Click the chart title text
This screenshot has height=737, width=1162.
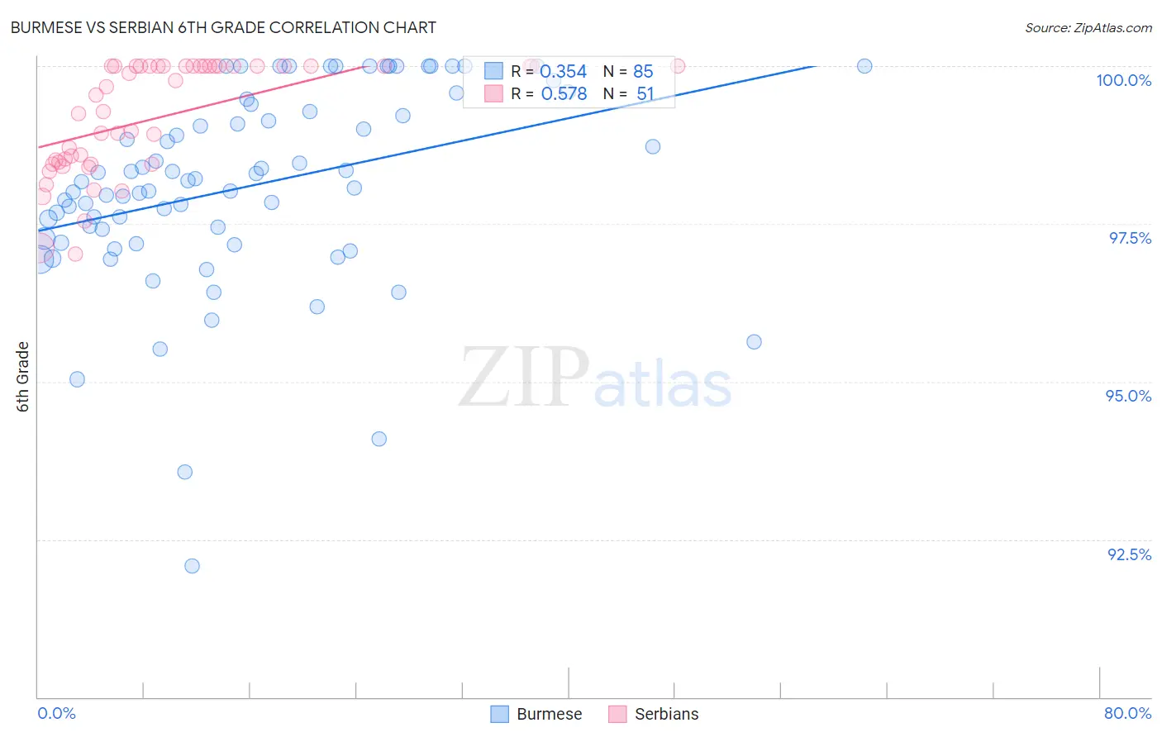pyautogui.click(x=223, y=27)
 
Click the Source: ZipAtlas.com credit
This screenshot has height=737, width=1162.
pyautogui.click(x=1088, y=28)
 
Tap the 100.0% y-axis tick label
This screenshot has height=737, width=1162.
pyautogui.click(x=1123, y=80)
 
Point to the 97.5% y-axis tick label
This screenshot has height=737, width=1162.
pyautogui.click(x=1129, y=238)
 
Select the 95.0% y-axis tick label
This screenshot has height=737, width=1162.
pyautogui.click(x=1128, y=396)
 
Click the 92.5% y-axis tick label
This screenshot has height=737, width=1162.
pyautogui.click(x=1129, y=554)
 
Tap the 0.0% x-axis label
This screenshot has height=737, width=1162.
pyautogui.click(x=56, y=713)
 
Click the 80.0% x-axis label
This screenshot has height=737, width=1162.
pyautogui.click(x=1127, y=713)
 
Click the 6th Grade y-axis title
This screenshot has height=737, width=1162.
pyautogui.click(x=23, y=376)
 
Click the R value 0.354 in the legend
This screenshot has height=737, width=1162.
pyautogui.click(x=563, y=72)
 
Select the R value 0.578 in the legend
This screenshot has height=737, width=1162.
pyautogui.click(x=564, y=94)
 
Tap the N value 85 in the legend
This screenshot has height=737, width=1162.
pyautogui.click(x=643, y=72)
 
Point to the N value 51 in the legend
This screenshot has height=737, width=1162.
pyautogui.click(x=645, y=94)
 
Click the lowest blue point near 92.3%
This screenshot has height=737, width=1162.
pyautogui.click(x=192, y=566)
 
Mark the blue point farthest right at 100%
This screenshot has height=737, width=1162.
pyautogui.click(x=864, y=66)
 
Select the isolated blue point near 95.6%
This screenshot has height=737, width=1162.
pyautogui.click(x=754, y=342)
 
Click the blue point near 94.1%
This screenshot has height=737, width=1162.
pyautogui.click(x=379, y=439)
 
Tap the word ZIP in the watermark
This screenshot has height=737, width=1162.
pyautogui.click(x=523, y=377)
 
